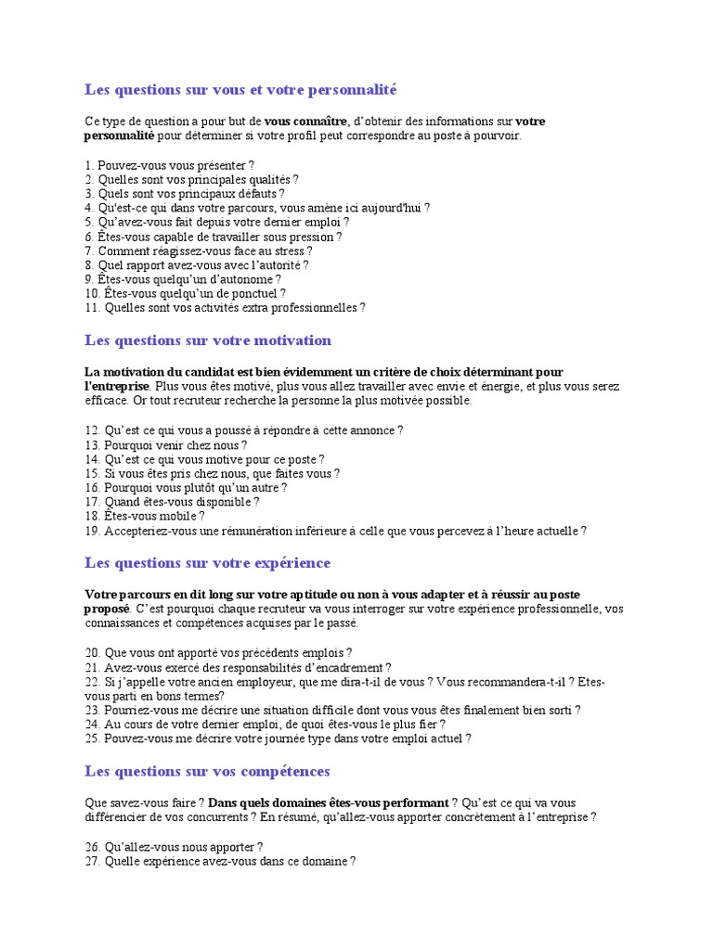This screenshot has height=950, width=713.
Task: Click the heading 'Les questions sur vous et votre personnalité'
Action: pos(240,90)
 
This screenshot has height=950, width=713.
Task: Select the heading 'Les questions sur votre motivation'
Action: pos(208,340)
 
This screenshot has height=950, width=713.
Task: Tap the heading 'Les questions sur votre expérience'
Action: pos(207,563)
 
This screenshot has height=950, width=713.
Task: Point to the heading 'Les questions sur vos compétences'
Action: pos(207,772)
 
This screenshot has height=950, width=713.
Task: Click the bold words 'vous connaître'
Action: pos(305,121)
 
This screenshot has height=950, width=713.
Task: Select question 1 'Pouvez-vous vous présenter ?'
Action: pos(169,165)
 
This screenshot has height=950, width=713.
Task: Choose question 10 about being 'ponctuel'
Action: pos(185,293)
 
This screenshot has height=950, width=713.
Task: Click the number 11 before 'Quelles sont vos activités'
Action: pos(91,307)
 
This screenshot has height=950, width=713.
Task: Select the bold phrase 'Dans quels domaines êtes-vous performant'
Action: pos(329,802)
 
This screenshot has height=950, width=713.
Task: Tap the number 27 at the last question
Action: pos(91,861)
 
